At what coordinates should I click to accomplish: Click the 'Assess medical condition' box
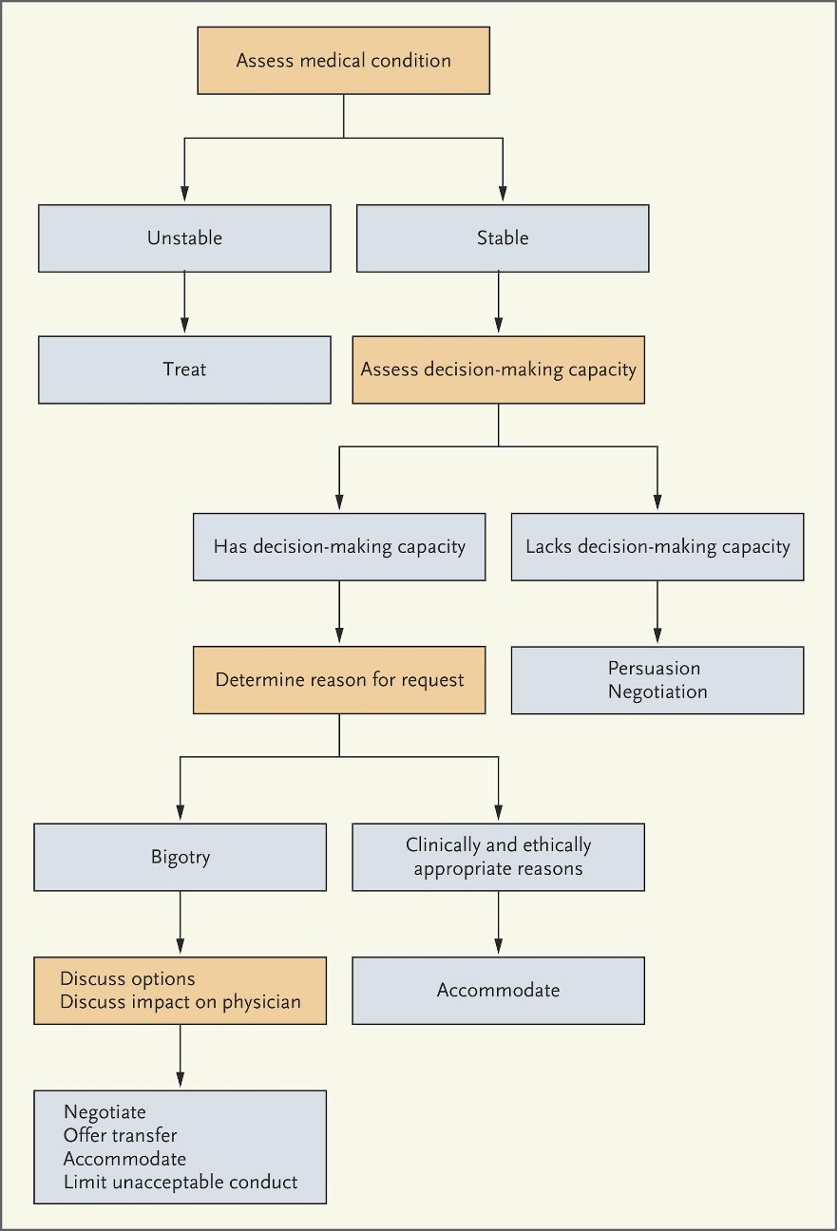[343, 61]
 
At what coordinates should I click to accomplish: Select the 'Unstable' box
[184, 237]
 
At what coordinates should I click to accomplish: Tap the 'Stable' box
[502, 237]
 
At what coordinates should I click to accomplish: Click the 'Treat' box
[184, 369]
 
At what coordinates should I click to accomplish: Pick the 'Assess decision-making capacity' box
[498, 369]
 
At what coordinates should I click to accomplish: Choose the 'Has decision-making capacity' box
[339, 546]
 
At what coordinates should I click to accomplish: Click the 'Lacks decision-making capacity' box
[657, 546]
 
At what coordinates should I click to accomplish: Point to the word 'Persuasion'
[654, 669]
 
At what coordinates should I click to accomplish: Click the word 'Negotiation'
[657, 691]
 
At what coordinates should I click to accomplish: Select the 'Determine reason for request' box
[339, 679]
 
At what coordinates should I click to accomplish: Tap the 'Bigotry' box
[180, 857]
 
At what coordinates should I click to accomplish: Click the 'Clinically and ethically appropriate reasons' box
[498, 857]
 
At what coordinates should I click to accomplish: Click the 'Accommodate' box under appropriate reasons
[498, 990]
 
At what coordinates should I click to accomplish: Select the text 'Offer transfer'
[120, 1134]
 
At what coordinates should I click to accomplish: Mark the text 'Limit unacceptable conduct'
[180, 1182]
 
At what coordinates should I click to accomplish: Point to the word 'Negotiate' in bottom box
[105, 1111]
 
